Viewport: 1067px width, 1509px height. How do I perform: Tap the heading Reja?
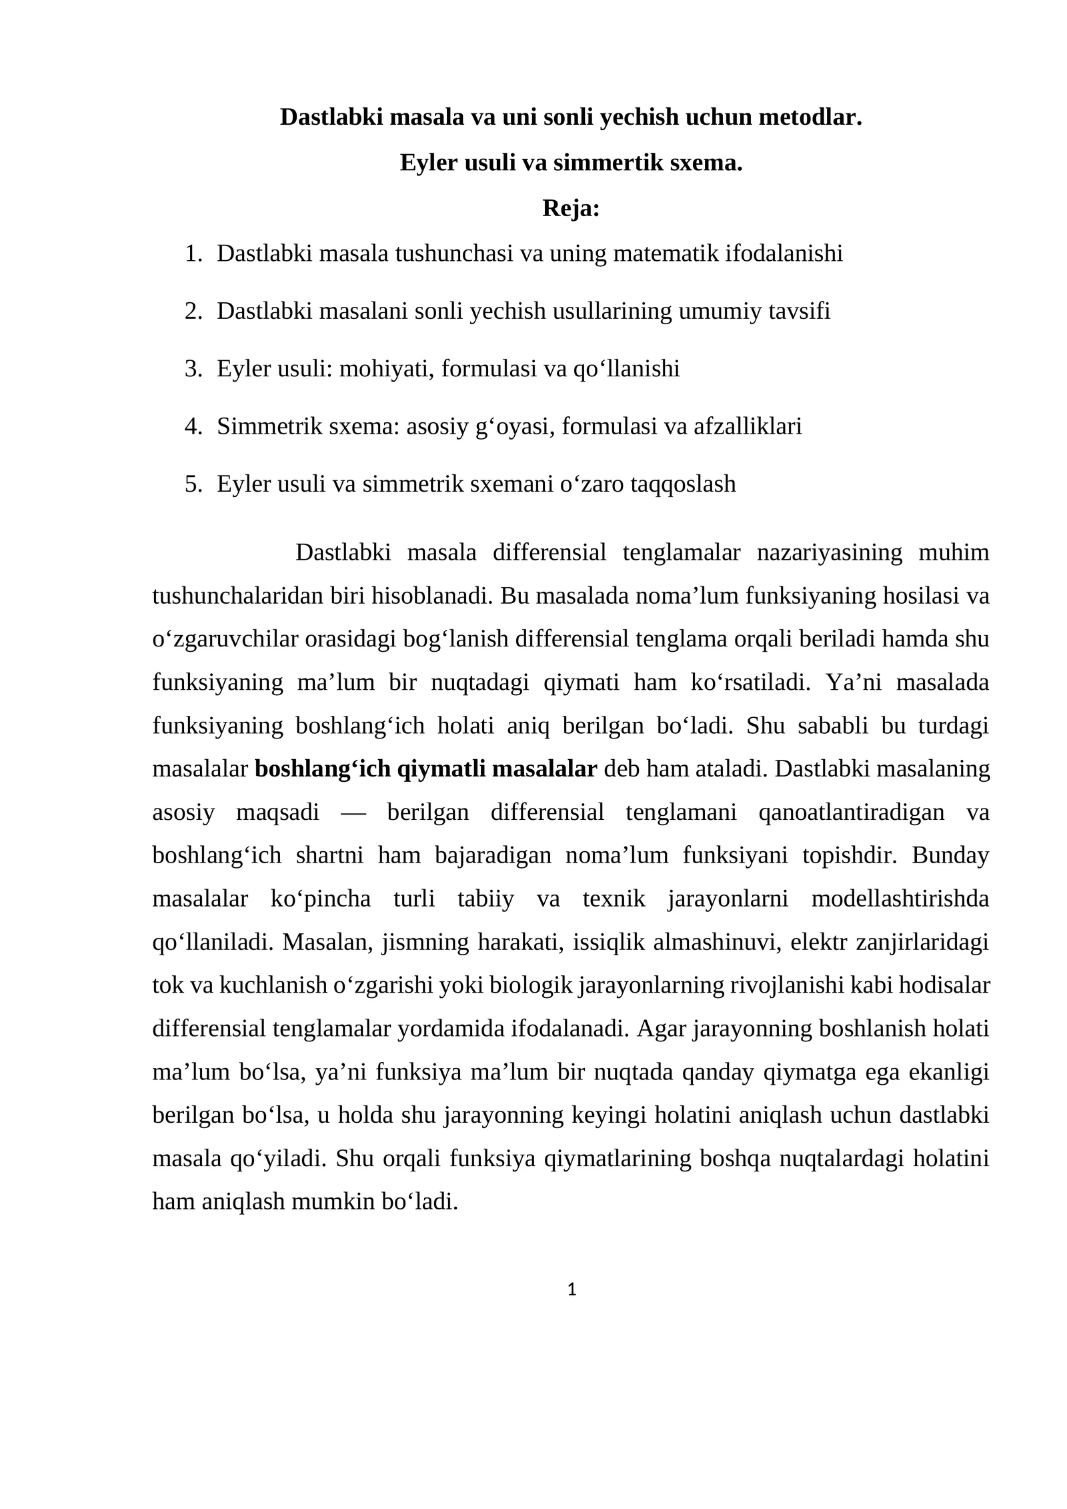click(x=571, y=208)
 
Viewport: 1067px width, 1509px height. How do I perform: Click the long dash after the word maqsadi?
click(x=353, y=813)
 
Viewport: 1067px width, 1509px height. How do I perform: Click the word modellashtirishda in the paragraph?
click(x=900, y=899)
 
